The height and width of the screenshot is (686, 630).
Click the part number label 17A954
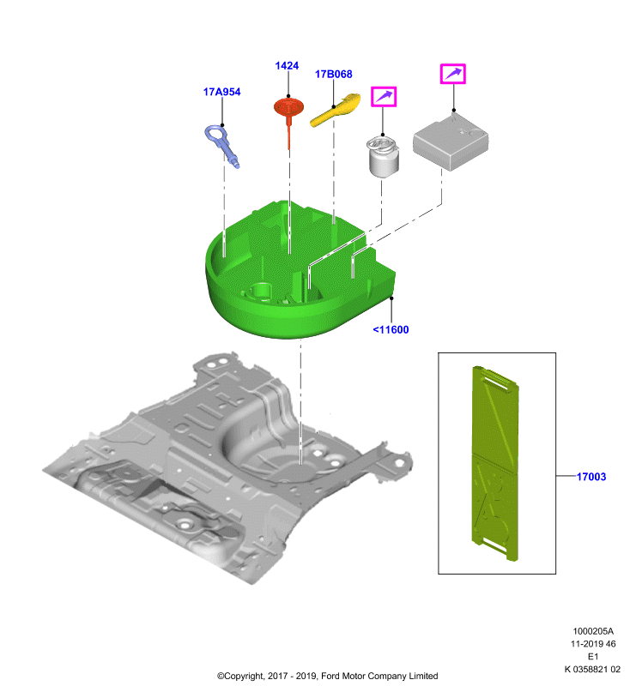point(221,92)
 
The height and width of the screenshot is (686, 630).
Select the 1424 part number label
point(287,66)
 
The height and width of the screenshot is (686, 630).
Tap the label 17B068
point(334,74)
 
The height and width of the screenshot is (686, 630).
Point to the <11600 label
point(391,329)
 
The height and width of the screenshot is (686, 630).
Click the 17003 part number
point(591,477)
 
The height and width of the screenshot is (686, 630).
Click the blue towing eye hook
point(222,145)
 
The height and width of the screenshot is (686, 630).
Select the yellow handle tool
point(336,110)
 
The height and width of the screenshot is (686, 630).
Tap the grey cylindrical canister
point(383,157)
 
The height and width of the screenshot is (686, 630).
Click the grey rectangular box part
point(451,141)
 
